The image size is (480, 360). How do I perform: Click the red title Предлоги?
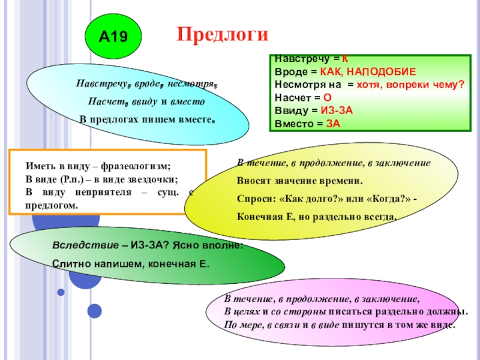click(222, 34)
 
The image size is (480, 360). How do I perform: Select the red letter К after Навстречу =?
click(345, 59)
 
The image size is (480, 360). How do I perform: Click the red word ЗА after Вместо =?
click(333, 124)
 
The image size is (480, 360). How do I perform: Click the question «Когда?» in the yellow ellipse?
click(383, 198)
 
